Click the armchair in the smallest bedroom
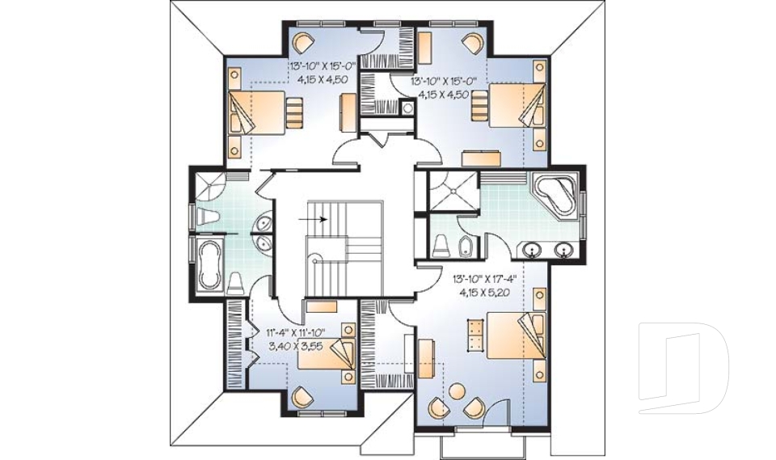tap(302, 396)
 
